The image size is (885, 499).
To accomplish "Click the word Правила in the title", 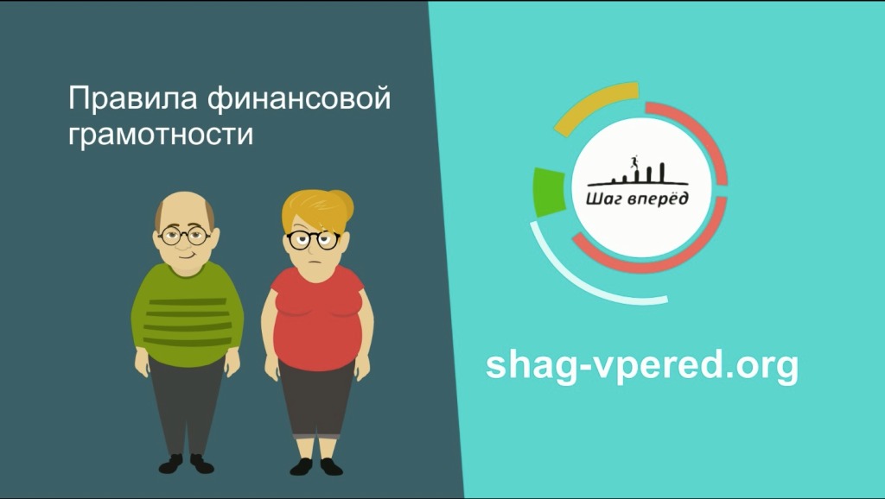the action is tap(132, 99).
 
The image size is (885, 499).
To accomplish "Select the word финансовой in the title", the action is tap(298, 98).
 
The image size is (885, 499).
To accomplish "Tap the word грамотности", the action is tap(161, 134).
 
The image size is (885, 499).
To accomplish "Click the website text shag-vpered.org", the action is tap(642, 366).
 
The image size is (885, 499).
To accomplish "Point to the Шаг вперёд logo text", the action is tap(637, 199).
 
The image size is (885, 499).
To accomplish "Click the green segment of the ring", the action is tap(549, 192).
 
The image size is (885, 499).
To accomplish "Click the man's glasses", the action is tap(185, 235).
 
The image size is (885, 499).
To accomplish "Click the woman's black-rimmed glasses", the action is tap(313, 240).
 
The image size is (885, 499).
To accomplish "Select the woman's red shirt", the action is tap(317, 318).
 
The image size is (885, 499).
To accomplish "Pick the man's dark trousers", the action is tap(187, 406).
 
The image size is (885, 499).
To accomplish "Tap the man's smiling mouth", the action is tap(187, 255).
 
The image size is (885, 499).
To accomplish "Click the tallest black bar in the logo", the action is tap(661, 173).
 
